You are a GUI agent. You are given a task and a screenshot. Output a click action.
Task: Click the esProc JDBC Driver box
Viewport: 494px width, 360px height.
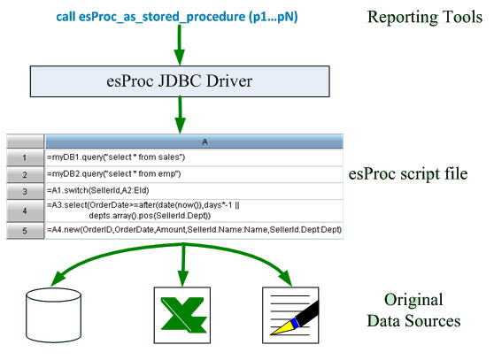(180, 81)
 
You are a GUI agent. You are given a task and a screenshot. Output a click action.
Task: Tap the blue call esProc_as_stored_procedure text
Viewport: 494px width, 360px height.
(177, 17)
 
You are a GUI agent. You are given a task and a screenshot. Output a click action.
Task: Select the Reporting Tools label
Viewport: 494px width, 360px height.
(425, 17)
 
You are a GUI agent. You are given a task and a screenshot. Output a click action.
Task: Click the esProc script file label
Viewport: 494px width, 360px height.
(408, 174)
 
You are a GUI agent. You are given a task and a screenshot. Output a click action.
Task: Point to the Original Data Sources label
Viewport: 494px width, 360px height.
(413, 310)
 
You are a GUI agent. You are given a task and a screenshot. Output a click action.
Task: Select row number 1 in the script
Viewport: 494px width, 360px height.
(25, 157)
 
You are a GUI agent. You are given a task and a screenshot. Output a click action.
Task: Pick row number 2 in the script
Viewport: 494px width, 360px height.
(25, 174)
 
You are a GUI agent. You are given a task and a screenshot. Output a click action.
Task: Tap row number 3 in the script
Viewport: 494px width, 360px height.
(25, 191)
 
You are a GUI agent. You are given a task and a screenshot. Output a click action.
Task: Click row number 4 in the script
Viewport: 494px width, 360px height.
(25, 211)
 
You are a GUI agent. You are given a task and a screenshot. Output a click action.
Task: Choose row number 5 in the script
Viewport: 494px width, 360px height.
(25, 231)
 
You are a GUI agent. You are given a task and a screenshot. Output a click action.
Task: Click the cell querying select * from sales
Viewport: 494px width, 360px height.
(194, 157)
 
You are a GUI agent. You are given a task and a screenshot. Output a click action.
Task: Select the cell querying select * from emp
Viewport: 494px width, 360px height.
(194, 174)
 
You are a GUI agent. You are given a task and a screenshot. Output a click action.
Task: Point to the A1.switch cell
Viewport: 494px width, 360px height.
(194, 191)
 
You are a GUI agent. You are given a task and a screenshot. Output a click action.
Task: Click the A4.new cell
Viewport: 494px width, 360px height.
(194, 230)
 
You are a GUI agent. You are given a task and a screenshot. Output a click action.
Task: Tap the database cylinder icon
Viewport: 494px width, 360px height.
(53, 315)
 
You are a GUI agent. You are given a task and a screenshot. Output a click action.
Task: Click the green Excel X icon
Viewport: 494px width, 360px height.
(182, 315)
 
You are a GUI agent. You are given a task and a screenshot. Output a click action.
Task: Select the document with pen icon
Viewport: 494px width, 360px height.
(290, 315)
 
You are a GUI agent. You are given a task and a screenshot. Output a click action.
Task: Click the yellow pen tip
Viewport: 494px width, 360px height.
(283, 328)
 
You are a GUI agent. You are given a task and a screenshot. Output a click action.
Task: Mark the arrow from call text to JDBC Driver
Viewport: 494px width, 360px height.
(180, 45)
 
